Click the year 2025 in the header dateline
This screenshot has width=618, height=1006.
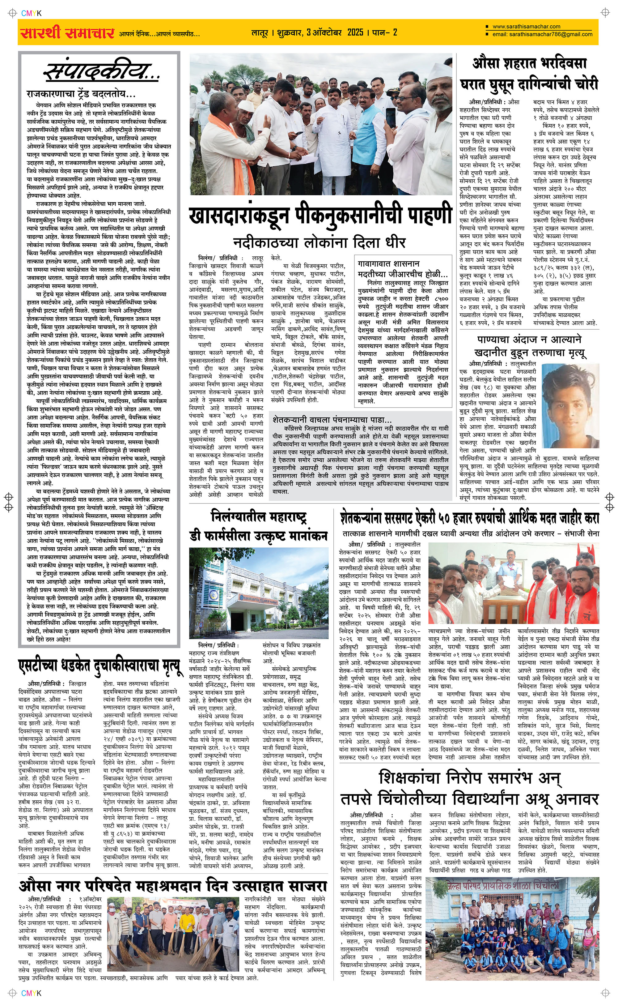(x=355, y=32)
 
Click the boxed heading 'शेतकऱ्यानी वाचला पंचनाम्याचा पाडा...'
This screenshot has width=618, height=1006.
(x=332, y=420)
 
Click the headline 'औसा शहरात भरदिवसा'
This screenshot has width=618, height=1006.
(x=529, y=64)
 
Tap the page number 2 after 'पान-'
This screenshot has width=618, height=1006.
(x=395, y=32)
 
